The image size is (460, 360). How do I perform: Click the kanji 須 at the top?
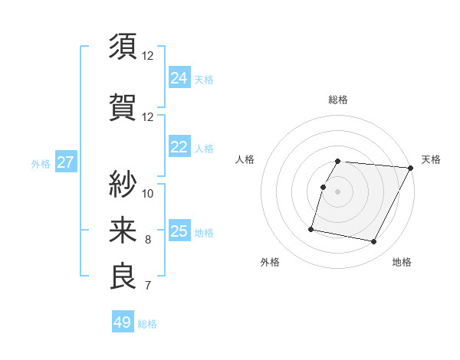coord(123,47)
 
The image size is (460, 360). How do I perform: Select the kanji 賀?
coord(123,108)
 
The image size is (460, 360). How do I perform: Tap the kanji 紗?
coord(123,183)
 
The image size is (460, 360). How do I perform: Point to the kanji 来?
coord(123,230)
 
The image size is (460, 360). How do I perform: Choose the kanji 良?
coord(123,277)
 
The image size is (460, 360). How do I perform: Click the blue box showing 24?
coord(179,77)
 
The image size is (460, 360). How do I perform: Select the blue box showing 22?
coord(179,147)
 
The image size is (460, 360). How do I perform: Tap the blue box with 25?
coord(179,231)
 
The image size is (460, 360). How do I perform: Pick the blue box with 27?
coord(65,162)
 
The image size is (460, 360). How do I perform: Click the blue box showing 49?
coord(123,322)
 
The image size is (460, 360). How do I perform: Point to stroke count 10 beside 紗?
coord(148,192)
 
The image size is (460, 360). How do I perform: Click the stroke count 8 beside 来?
coord(148,240)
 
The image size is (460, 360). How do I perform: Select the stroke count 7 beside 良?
coord(148,286)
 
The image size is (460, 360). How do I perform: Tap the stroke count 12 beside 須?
coord(148,56)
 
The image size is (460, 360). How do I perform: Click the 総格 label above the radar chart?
coord(338,100)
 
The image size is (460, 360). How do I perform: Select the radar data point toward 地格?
coord(374,242)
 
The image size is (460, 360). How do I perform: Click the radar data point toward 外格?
coord(311,229)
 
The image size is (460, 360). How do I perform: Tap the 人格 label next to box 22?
coord(204,148)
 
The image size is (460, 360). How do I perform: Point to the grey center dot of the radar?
coord(338,191)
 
